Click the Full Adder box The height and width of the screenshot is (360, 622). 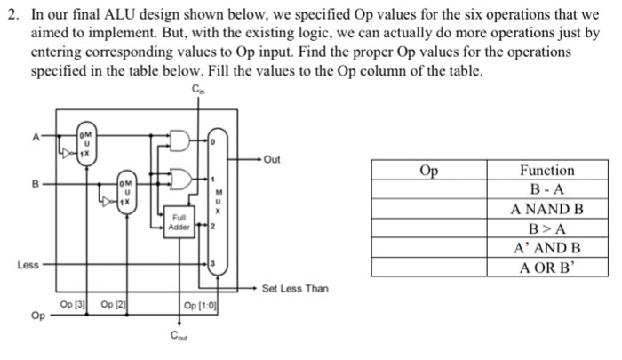pos(181,222)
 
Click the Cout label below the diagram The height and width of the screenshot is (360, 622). pos(181,336)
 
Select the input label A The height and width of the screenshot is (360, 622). pos(36,137)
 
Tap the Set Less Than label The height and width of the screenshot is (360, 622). pos(295,289)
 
